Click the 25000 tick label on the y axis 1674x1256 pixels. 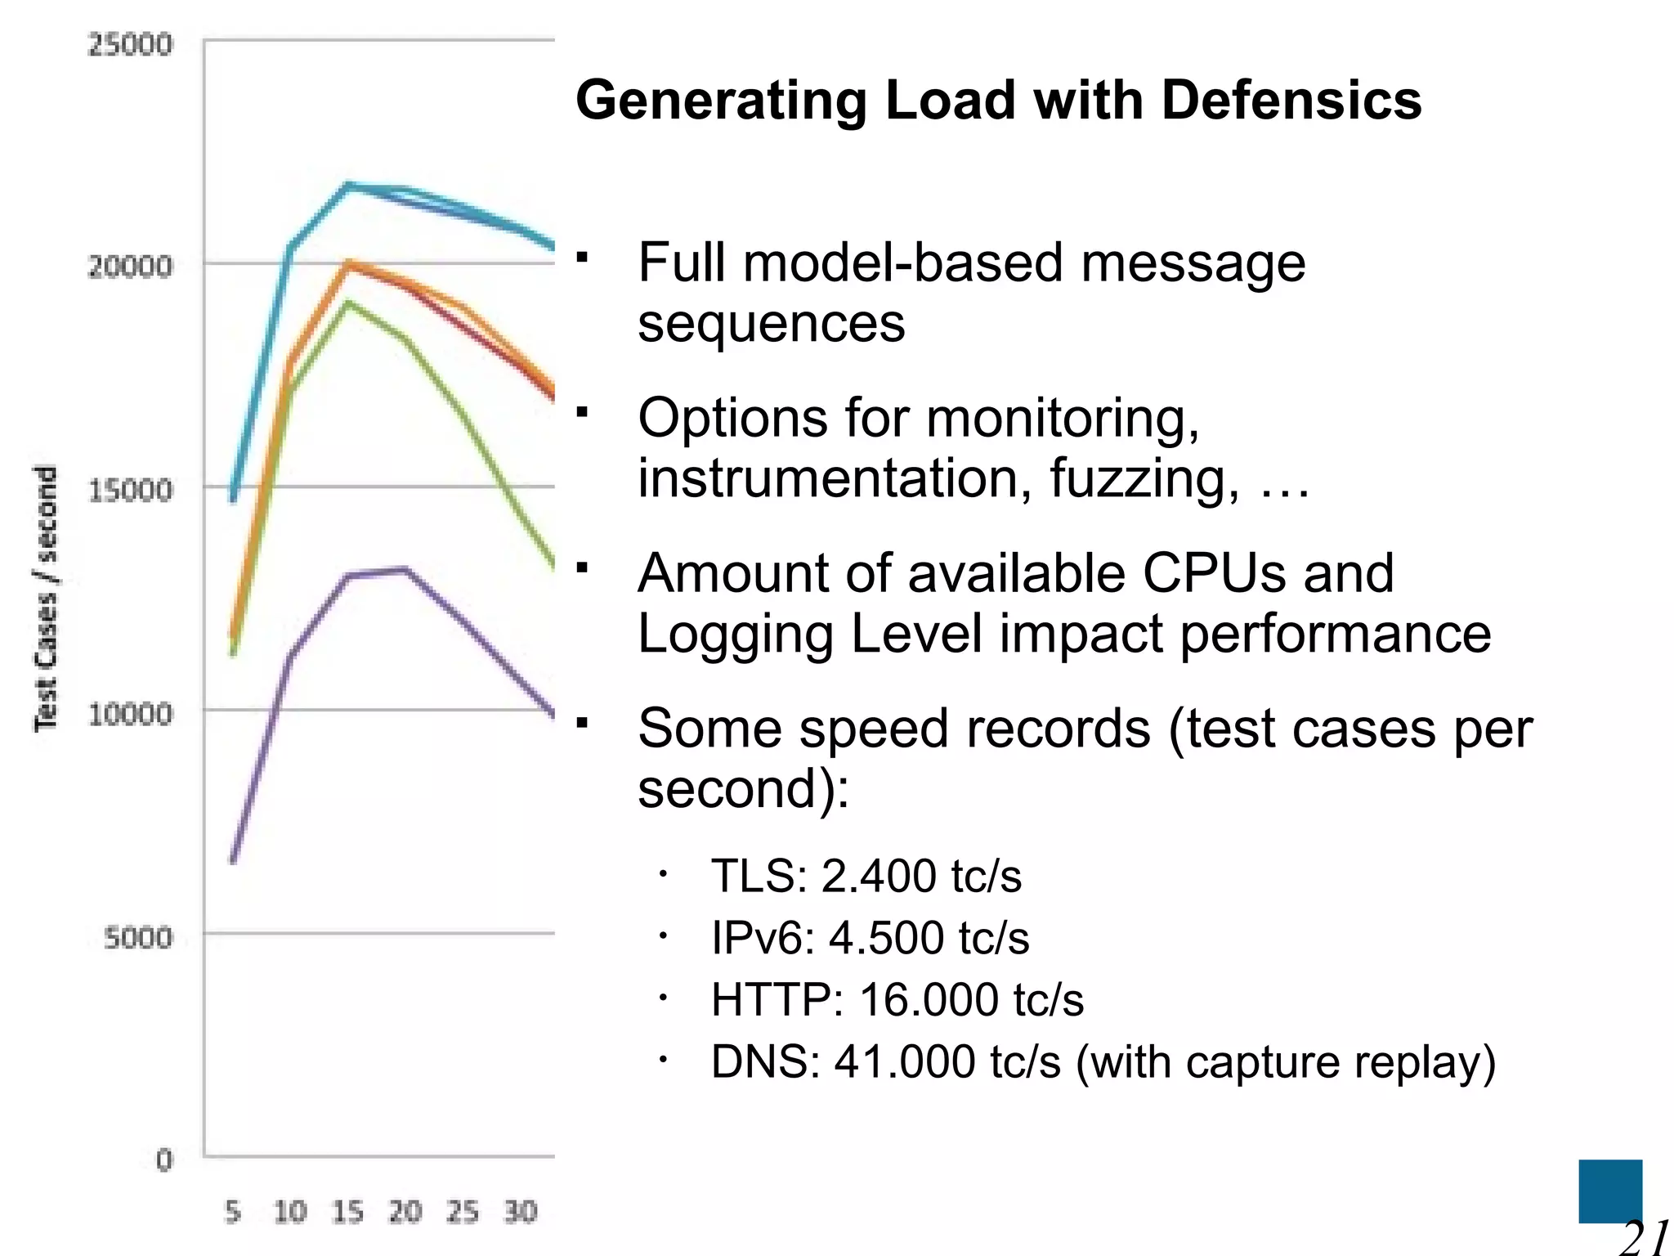point(130,44)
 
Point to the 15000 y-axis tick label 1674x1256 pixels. point(130,491)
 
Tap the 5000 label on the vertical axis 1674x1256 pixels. point(138,937)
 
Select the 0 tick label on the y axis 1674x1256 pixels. point(164,1160)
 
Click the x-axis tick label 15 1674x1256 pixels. point(347,1211)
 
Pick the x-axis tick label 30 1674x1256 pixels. point(520,1211)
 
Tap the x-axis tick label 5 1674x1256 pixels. point(233,1211)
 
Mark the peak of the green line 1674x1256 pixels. point(348,303)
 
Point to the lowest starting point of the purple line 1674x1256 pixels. point(233,861)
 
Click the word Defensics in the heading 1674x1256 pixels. point(1291,101)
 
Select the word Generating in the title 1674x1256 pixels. point(720,101)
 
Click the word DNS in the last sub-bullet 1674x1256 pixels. point(765,1061)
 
